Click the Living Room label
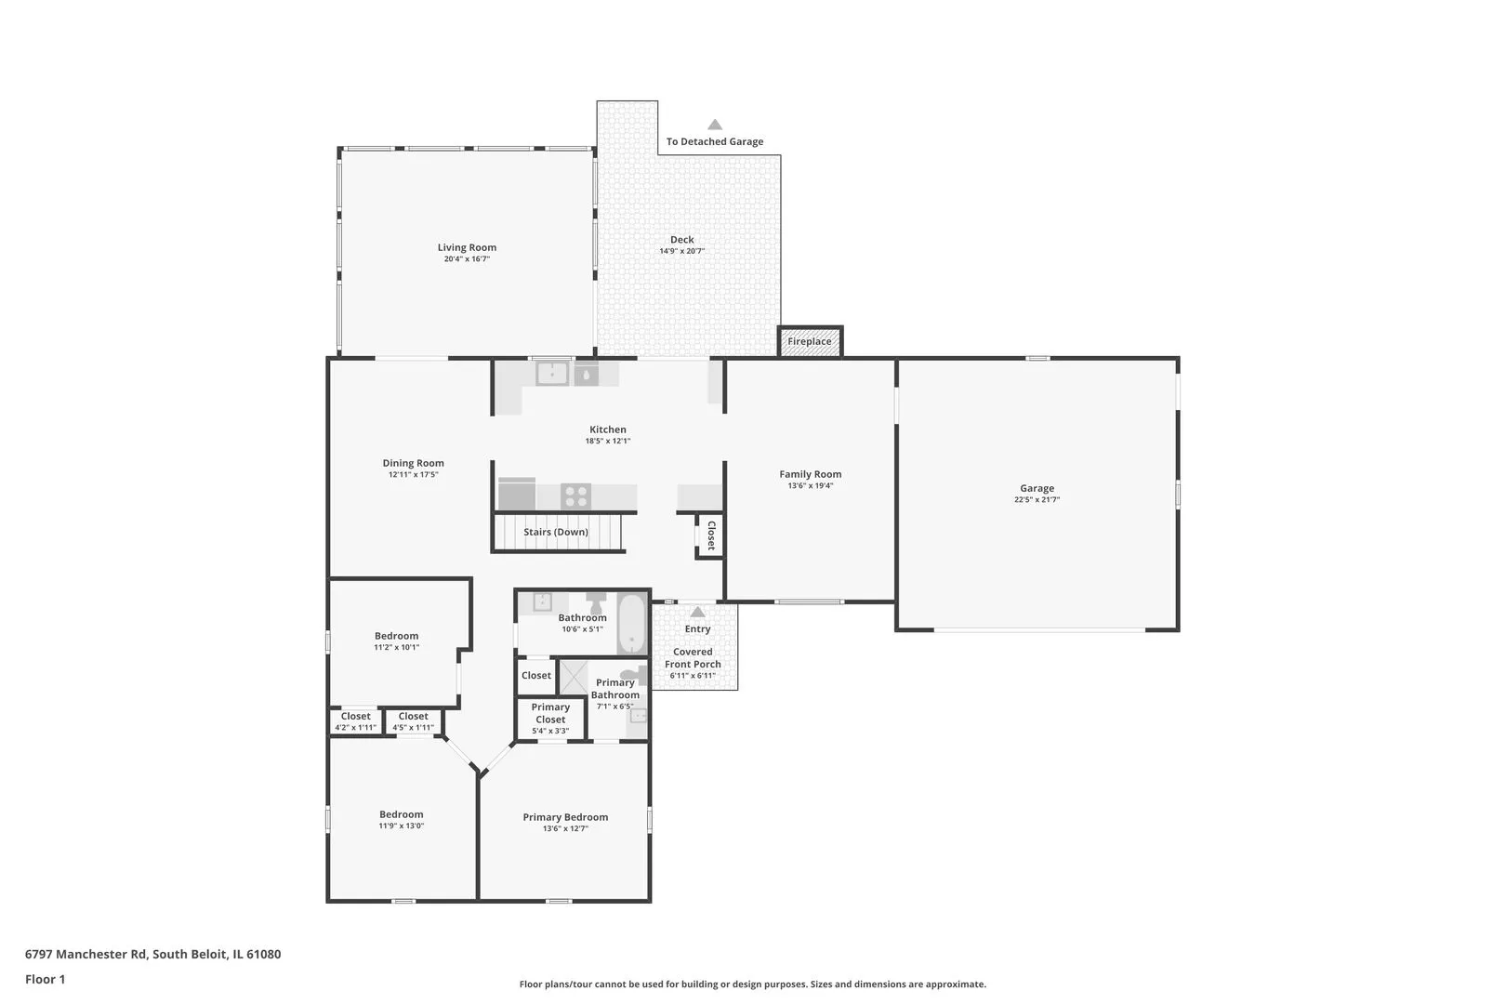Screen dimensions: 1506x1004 coord(467,247)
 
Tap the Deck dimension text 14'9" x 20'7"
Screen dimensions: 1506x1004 coord(681,252)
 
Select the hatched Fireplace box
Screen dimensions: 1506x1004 coord(810,341)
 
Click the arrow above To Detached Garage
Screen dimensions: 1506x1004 coord(715,125)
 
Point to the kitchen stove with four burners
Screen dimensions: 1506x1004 coord(576,496)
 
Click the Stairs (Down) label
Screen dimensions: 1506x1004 coord(556,532)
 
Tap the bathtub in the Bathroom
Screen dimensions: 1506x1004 coord(631,624)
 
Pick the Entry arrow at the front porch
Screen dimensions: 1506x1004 coord(698,612)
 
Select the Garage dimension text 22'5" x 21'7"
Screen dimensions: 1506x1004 coord(1037,499)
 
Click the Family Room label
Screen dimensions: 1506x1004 coord(810,474)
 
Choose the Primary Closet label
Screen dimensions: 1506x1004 coord(550,713)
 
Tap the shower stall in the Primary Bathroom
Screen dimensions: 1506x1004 coord(574,677)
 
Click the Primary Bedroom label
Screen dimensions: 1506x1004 coord(565,817)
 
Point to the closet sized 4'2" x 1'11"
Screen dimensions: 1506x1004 coord(356,721)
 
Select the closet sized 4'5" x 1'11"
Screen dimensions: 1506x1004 coord(413,721)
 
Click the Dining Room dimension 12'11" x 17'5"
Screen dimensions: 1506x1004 coord(413,475)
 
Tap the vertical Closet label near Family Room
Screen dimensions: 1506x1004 coord(711,535)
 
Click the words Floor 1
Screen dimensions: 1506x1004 coord(45,979)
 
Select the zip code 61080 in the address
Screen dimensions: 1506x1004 coord(264,954)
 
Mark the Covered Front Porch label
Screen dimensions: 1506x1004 coord(693,657)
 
